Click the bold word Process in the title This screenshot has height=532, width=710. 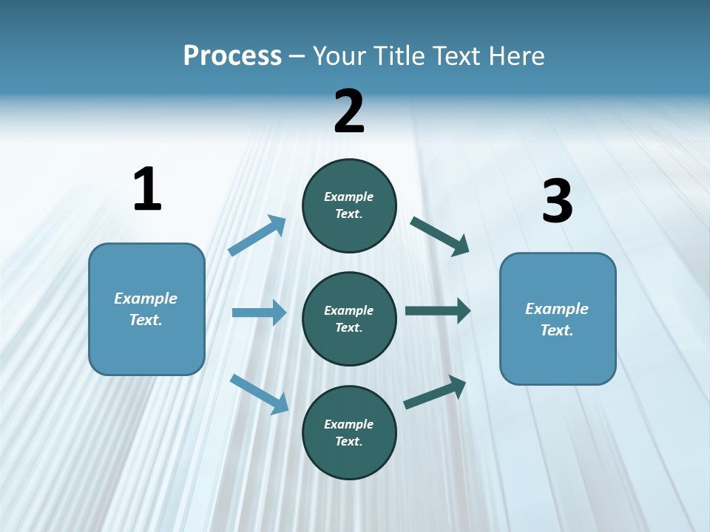232,56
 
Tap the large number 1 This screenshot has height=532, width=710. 147,189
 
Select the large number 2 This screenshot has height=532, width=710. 349,111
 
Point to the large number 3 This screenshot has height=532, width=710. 558,201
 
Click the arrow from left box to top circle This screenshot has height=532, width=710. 257,235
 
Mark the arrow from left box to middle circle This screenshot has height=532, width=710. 259,313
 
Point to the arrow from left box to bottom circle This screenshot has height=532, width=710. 259,393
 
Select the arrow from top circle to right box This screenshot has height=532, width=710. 440,236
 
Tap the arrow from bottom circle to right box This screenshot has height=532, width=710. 435,392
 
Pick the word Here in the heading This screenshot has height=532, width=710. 517,56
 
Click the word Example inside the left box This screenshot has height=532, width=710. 146,299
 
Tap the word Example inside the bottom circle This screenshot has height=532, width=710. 349,424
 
